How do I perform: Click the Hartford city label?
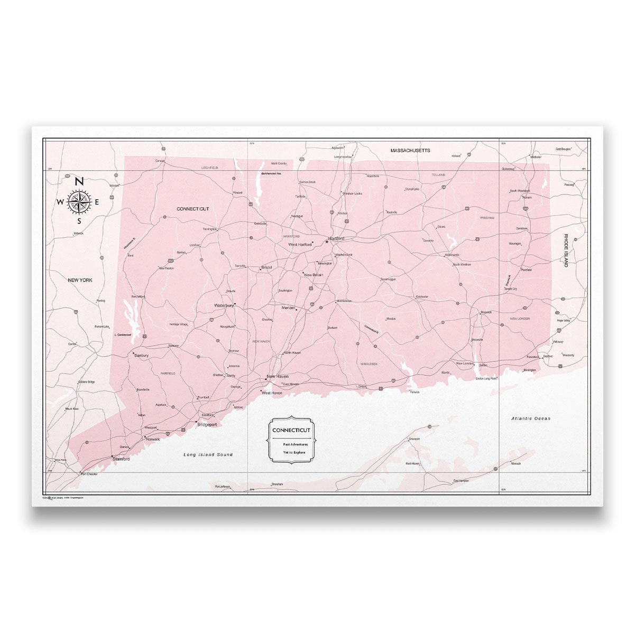point(336,239)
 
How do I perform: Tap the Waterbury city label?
point(224,305)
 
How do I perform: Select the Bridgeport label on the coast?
point(207,424)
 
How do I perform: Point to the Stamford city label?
point(121,459)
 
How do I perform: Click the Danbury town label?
point(141,356)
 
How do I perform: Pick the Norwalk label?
point(153,439)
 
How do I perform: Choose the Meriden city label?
point(288,307)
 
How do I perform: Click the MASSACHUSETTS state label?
point(410,151)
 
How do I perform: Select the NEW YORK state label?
point(80,280)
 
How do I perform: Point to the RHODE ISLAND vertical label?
point(565,250)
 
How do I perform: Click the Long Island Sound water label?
point(208,454)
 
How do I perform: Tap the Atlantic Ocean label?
point(530,418)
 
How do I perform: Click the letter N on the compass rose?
point(79,181)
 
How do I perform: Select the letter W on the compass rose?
point(60,202)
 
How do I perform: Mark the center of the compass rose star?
point(79,201)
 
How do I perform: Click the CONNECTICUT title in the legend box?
point(291,430)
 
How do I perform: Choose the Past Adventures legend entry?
point(291,444)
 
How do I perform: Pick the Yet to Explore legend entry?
point(291,453)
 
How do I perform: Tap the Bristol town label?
point(266,268)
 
